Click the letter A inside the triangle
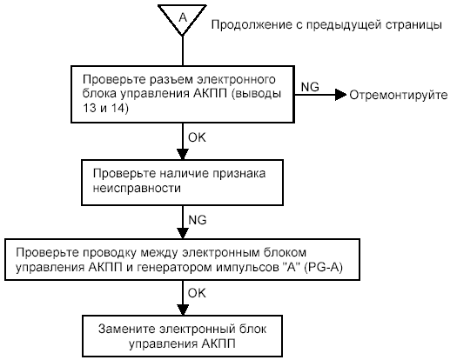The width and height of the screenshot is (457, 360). point(183,17)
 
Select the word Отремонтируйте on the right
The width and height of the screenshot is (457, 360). point(399,96)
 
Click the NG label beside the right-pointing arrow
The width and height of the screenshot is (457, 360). point(310,87)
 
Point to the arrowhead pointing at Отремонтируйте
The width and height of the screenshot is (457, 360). point(340,95)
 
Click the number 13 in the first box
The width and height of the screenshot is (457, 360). point(89,108)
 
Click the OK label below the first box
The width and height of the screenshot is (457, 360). point(197,137)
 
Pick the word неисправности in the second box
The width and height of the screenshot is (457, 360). point(137,188)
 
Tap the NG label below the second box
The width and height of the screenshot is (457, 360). point(198,220)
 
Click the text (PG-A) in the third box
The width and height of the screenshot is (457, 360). point(323,267)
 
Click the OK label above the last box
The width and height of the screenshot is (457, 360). point(197,293)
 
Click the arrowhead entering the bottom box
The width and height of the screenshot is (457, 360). point(183,310)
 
